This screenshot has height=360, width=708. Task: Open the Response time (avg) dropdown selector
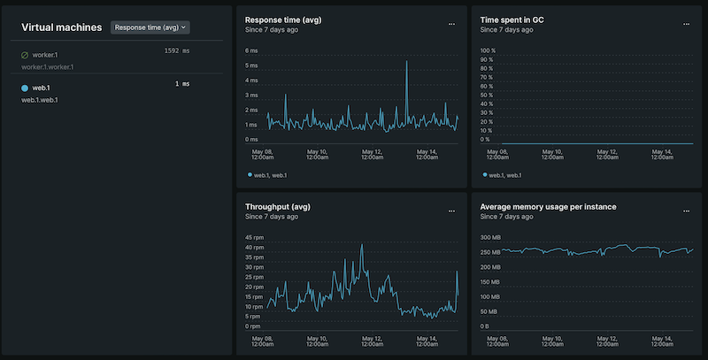click(x=151, y=27)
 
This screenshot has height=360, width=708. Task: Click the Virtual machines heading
click(x=62, y=27)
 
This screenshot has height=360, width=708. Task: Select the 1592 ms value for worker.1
click(x=177, y=51)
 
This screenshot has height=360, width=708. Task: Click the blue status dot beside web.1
click(x=25, y=88)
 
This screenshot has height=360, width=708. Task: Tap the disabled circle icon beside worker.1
click(x=25, y=55)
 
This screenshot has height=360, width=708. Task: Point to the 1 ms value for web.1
click(x=181, y=84)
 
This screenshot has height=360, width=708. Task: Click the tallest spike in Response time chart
click(x=406, y=61)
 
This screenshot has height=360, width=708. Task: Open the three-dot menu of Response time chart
click(x=451, y=24)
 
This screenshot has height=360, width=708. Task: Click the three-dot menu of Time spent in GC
click(x=686, y=24)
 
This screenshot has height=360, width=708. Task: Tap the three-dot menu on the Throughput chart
click(x=451, y=212)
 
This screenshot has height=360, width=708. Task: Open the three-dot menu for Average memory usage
click(x=686, y=212)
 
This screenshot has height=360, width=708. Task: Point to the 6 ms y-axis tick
click(x=251, y=50)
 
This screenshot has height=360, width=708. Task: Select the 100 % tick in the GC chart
click(x=487, y=50)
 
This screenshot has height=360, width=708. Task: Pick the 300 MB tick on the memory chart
click(x=490, y=237)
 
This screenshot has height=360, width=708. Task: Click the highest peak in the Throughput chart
click(x=362, y=245)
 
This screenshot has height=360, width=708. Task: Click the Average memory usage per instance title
click(x=548, y=207)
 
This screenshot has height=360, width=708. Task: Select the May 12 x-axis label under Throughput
click(x=373, y=341)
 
